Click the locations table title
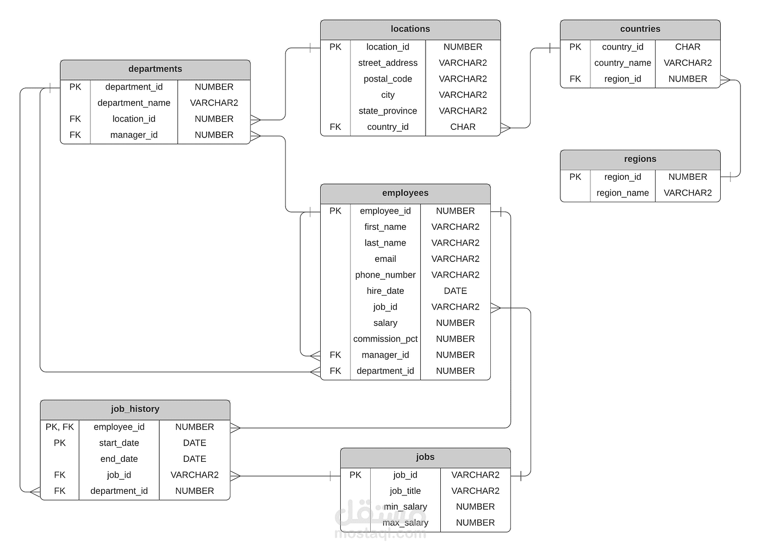[x=410, y=29]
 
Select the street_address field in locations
[x=388, y=63]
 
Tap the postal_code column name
[x=388, y=79]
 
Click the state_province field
[x=388, y=111]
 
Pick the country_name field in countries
[x=622, y=63]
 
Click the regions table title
[x=640, y=159]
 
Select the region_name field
[x=622, y=193]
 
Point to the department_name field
[x=134, y=103]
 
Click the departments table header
[x=155, y=69]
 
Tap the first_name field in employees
[x=385, y=227]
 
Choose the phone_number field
[x=385, y=275]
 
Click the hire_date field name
[x=385, y=291]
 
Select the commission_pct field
[x=385, y=339]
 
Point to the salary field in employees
[x=385, y=323]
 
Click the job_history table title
[x=135, y=409]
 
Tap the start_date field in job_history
[x=119, y=443]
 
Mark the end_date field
[x=119, y=459]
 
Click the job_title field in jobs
[x=405, y=491]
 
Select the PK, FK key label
[x=59, y=426]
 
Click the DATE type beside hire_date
[x=456, y=291]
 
